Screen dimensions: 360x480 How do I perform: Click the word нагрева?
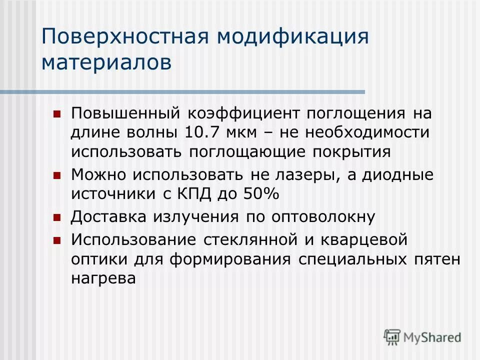tap(103, 278)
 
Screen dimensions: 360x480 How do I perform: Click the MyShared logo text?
tap(433, 337)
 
